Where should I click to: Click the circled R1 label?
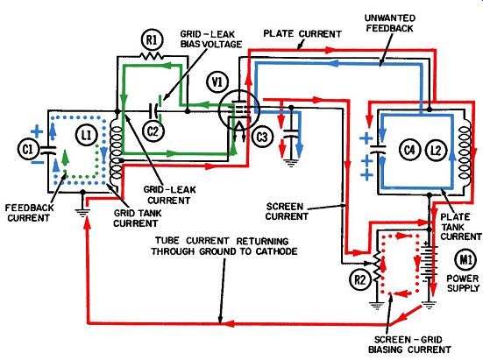[153, 39]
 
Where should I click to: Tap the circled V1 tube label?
[217, 82]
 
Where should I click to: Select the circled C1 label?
[28, 150]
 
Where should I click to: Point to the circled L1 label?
[86, 135]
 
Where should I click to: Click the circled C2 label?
[153, 131]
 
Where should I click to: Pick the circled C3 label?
[262, 137]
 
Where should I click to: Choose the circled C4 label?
[409, 150]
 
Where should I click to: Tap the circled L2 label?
[436, 150]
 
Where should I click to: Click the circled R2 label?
[359, 279]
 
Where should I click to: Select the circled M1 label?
[465, 260]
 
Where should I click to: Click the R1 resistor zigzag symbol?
[152, 56]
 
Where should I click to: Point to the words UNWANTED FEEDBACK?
[390, 23]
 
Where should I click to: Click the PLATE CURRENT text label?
[302, 33]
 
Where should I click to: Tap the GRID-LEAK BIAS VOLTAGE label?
[211, 39]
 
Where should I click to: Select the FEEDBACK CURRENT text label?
[29, 213]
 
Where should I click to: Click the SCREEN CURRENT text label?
[287, 211]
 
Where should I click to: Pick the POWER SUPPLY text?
[463, 283]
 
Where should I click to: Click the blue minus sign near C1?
[37, 162]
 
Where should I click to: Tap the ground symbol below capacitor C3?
[290, 162]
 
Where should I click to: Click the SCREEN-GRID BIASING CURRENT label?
[409, 344]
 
